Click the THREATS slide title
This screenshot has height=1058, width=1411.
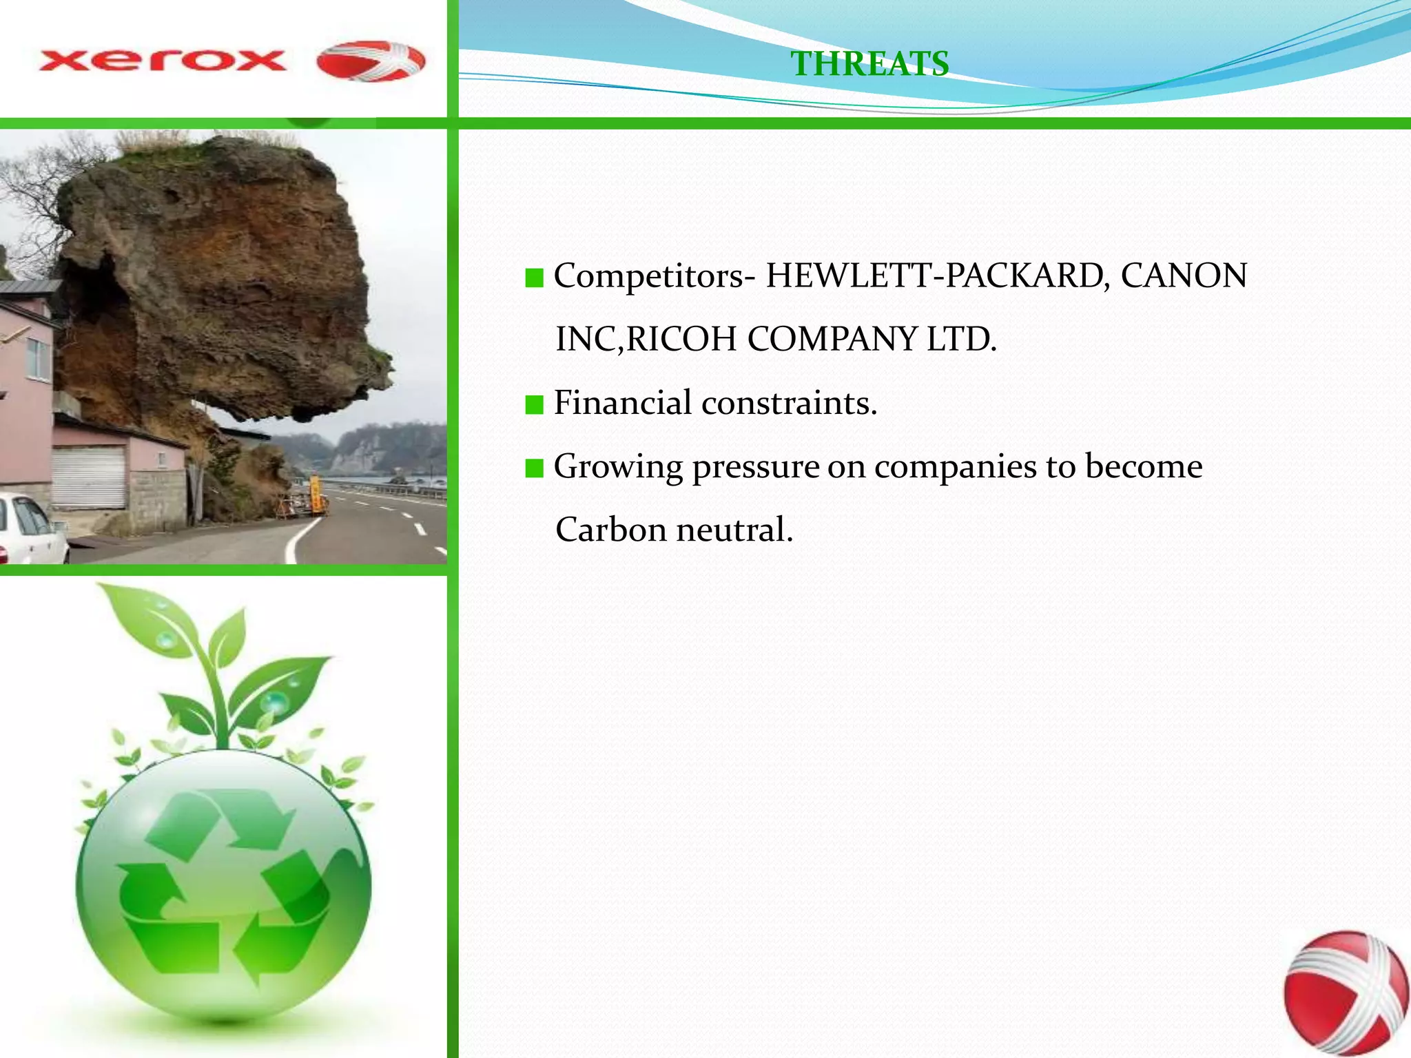coord(869,63)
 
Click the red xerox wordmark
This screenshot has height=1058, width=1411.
coord(163,61)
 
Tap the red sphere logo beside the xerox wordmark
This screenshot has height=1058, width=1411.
coord(371,61)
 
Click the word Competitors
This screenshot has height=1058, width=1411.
coord(648,276)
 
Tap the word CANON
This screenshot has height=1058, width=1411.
coord(1184,276)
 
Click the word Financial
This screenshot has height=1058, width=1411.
coord(622,403)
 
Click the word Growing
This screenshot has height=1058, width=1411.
coord(618,468)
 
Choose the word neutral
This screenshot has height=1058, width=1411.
coord(734,530)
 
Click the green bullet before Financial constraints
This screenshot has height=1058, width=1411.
coord(534,404)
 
